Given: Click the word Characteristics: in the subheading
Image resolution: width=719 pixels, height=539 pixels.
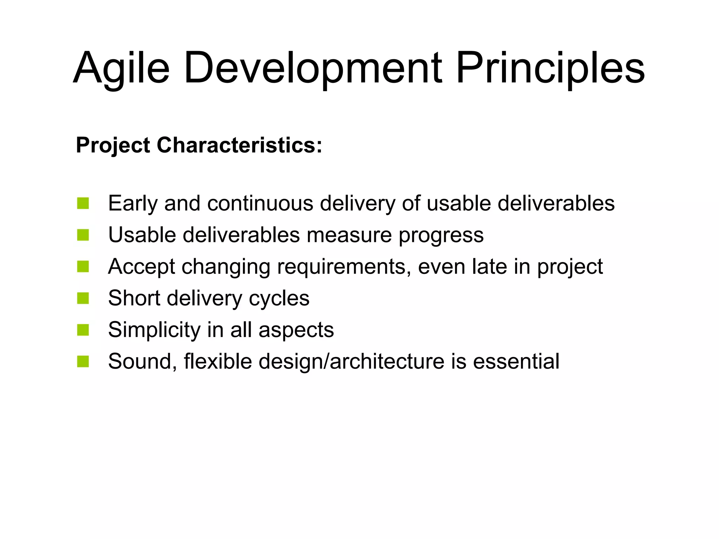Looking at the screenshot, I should point(239,145).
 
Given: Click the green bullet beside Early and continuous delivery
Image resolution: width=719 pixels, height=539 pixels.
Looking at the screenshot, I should point(83,203).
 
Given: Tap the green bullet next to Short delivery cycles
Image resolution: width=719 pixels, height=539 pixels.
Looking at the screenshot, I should point(83,298).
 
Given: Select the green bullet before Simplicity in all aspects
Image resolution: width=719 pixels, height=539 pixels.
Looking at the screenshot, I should point(83,330).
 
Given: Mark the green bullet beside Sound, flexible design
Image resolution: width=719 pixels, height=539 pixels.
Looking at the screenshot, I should point(83,362).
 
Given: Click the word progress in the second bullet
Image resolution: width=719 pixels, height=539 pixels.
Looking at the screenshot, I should point(441,235).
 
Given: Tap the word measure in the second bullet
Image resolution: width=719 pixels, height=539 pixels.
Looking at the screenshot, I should point(349,235).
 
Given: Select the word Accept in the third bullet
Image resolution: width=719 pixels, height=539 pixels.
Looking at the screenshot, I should point(141,267).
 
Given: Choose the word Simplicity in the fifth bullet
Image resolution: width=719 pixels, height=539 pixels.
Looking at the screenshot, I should point(154,330).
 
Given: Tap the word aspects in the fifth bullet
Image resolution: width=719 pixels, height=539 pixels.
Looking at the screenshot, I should point(296,330).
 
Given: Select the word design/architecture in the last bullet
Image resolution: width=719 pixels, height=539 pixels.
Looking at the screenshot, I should point(351,362).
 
